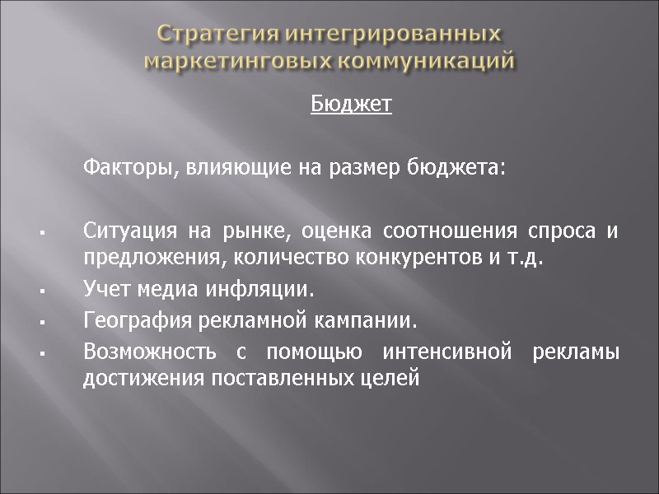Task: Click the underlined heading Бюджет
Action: pyautogui.click(x=351, y=105)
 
